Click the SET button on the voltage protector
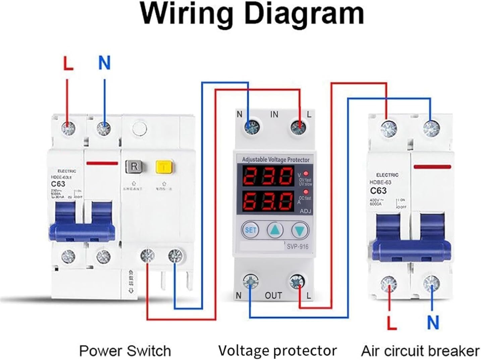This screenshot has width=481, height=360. (x=250, y=230)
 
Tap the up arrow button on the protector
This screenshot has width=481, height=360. (x=275, y=230)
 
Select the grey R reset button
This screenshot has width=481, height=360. (x=134, y=166)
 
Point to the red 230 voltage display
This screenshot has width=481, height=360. (x=267, y=176)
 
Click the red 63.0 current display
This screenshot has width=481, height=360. (x=267, y=201)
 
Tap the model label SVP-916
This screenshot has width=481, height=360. (x=297, y=247)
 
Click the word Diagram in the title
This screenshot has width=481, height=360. (x=302, y=14)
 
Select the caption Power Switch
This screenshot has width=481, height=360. (x=125, y=351)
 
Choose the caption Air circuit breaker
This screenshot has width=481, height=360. (x=420, y=351)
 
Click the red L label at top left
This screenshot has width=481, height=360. (x=68, y=63)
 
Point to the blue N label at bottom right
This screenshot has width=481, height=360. (x=433, y=322)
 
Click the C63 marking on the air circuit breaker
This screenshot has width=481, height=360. (x=378, y=191)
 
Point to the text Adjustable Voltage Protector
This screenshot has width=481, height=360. (x=276, y=160)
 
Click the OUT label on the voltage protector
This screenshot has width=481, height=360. (x=273, y=295)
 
